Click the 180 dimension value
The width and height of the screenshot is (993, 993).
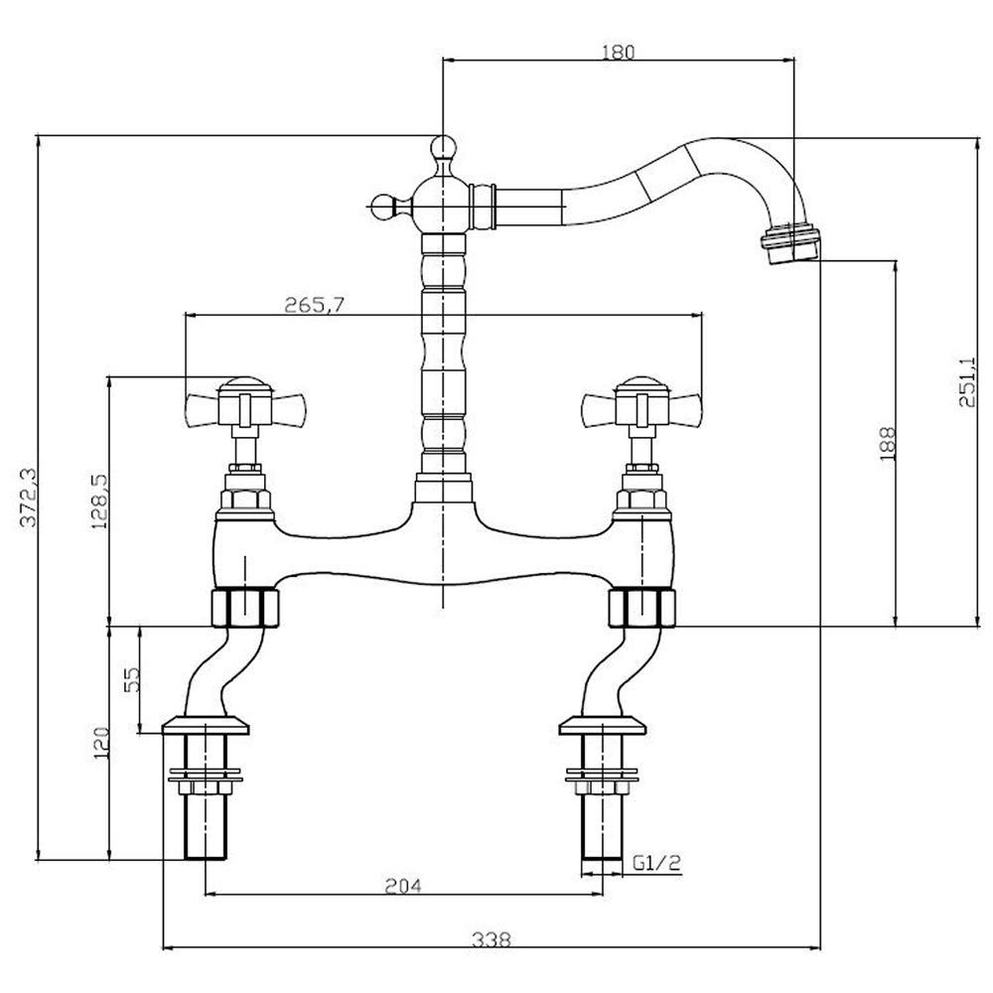point(617,52)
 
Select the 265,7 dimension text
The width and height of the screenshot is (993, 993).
point(315,305)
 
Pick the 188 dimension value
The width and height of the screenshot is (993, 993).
point(888,443)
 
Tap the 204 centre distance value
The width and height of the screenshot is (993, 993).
point(404,885)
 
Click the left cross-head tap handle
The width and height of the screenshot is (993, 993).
point(242,405)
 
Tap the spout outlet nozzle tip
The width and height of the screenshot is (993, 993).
point(791,242)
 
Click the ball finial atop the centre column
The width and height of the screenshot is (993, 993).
point(442,149)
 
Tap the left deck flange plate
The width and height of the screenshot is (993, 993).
point(205,724)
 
